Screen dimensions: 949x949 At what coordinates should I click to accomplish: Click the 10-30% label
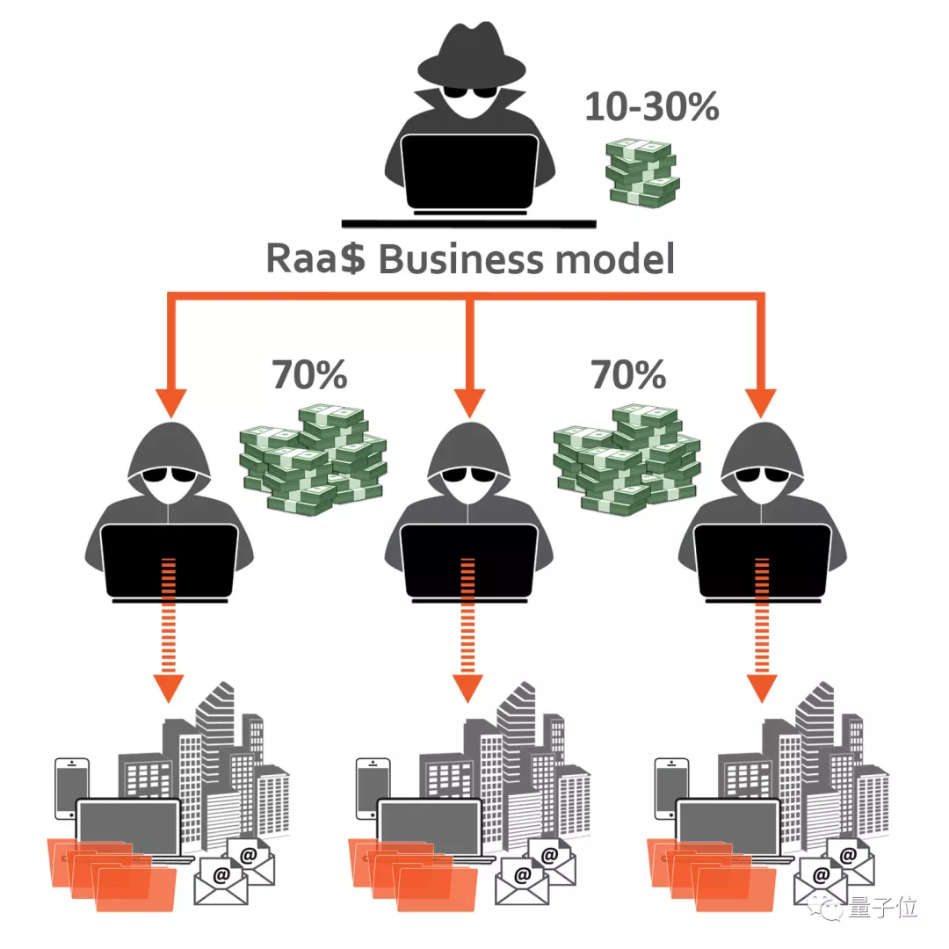point(652,107)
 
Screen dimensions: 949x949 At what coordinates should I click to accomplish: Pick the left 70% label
point(309,375)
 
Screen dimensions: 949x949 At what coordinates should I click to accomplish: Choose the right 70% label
point(627,375)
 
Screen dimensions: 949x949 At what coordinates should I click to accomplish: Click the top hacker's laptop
point(468,172)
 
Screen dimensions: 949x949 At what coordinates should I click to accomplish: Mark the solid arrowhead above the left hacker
point(172,401)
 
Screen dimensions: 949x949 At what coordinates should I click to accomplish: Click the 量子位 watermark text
point(882,909)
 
